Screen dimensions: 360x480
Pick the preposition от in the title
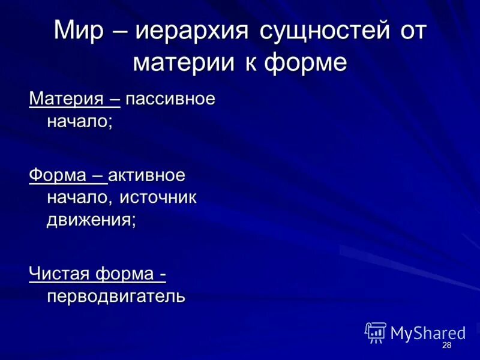click(x=410, y=31)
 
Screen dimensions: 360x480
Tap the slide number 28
click(x=446, y=346)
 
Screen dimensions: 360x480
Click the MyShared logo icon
click(x=375, y=332)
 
